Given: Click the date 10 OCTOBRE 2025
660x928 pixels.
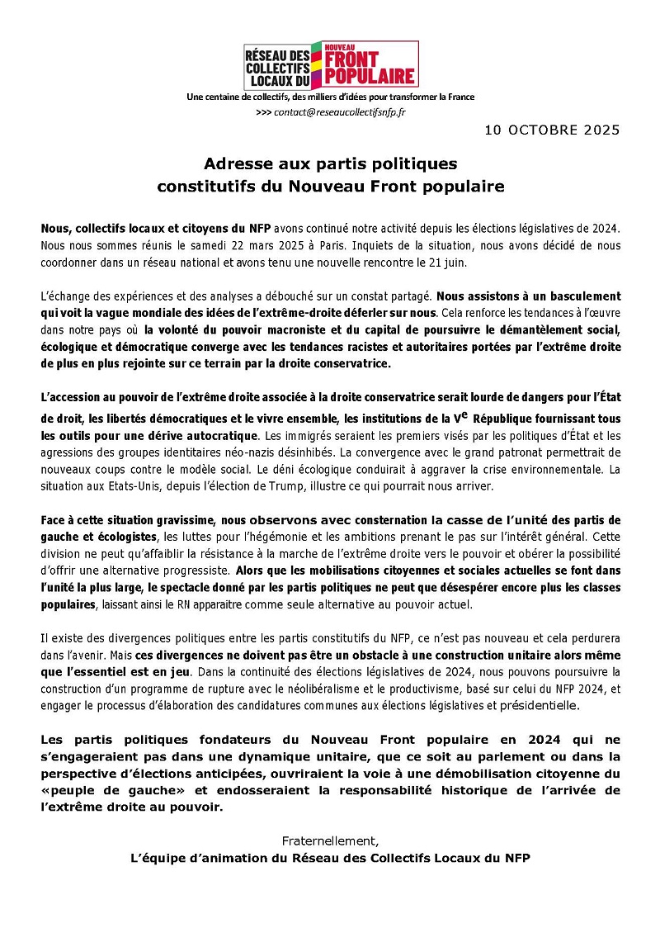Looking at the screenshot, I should click(x=552, y=130).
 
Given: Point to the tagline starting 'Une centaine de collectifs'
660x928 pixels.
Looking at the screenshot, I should click(x=331, y=97).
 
